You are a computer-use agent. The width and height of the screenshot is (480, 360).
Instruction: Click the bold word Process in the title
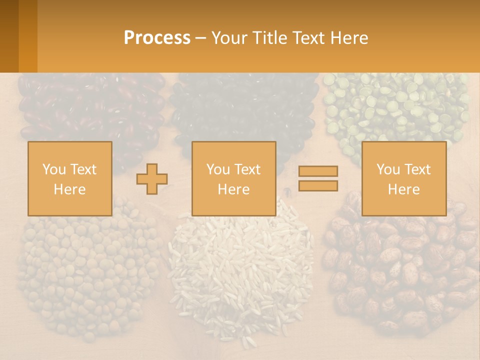[157, 38]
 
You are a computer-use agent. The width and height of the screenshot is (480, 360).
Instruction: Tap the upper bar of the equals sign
[318, 171]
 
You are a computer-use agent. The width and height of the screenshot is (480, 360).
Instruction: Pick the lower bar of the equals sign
[318, 186]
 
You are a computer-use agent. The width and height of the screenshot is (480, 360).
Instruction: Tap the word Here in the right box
[403, 189]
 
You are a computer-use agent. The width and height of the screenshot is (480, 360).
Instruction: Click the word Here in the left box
[69, 189]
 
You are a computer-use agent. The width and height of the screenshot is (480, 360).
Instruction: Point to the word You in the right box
[388, 169]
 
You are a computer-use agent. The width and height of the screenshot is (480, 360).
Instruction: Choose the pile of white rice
[240, 270]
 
